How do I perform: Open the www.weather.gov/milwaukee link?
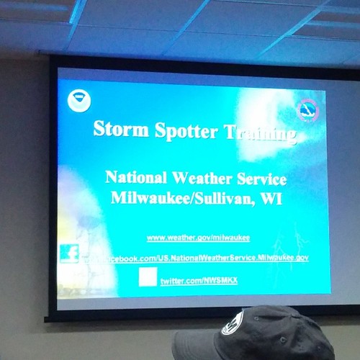tap(198, 237)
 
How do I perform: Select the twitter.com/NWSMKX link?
tap(197, 278)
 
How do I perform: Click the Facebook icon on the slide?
tap(69, 253)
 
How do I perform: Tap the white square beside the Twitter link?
tap(148, 276)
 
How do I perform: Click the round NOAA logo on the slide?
tap(76, 100)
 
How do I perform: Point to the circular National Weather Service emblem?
tap(308, 110)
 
